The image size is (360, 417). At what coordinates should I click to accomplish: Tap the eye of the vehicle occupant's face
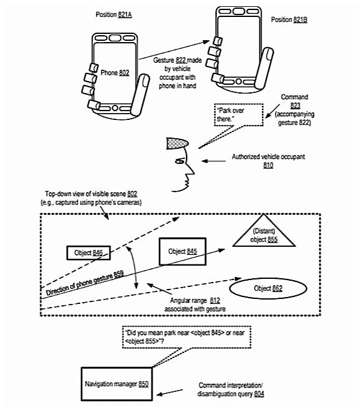click(x=180, y=161)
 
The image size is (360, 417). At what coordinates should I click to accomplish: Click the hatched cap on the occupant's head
click(x=177, y=143)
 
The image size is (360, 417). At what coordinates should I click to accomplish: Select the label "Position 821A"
click(x=114, y=14)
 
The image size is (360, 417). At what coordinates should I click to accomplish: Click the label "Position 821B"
click(x=289, y=19)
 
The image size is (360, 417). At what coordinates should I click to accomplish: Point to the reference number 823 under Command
click(x=295, y=106)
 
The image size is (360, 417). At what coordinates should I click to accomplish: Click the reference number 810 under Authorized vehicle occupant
click(x=268, y=165)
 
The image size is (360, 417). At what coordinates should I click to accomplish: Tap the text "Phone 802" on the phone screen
click(x=115, y=73)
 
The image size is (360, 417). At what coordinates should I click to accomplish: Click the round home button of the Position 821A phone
click(x=115, y=108)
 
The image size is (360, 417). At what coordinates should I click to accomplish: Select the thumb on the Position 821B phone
click(x=264, y=68)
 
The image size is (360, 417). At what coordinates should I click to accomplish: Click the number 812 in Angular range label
click(x=215, y=301)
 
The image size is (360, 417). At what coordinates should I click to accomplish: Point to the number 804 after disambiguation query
click(x=259, y=394)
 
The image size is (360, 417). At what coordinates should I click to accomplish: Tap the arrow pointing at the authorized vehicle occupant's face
click(x=214, y=161)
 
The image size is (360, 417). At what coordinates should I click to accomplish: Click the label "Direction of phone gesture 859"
click(x=85, y=283)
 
